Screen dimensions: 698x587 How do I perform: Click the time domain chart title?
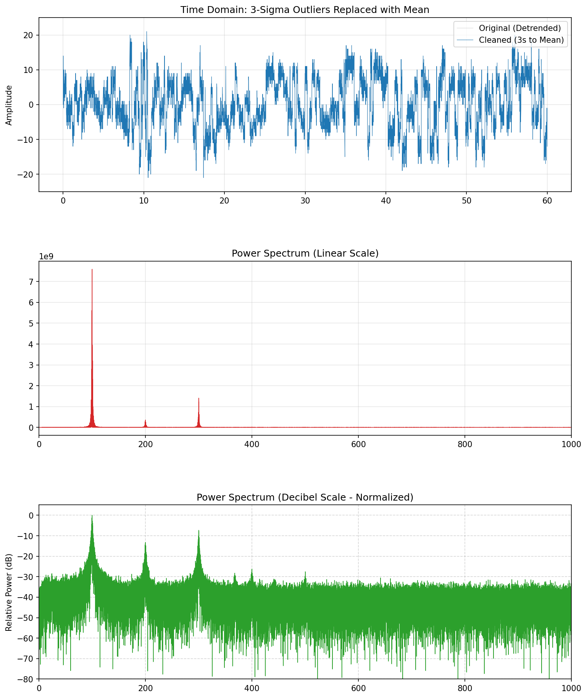point(305,10)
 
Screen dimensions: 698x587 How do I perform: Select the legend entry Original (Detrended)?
point(519,28)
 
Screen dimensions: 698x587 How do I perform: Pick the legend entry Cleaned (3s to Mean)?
point(521,40)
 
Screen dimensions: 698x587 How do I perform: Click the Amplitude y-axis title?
point(9,105)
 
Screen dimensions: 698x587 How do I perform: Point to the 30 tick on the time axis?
point(305,200)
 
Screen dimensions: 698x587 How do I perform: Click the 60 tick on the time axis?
point(547,200)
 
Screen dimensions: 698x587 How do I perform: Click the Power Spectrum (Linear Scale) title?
point(305,254)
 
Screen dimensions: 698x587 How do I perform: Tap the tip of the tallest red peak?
point(92,270)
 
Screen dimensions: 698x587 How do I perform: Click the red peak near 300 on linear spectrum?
point(198,399)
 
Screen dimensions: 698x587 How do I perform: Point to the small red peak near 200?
point(145,420)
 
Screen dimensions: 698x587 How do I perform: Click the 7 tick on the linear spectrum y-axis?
point(32,282)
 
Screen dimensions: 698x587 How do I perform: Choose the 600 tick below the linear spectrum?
point(358,444)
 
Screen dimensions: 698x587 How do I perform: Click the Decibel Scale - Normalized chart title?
point(305,497)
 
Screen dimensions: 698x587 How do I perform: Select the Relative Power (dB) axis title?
point(9,592)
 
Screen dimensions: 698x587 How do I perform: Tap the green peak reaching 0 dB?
point(92,516)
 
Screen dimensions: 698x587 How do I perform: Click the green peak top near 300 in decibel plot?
point(198,531)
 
